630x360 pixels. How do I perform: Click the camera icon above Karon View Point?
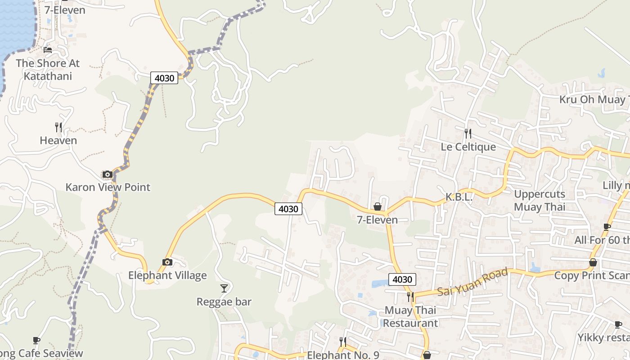point(107,175)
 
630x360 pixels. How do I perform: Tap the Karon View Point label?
point(108,187)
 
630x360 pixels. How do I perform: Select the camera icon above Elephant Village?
point(167,262)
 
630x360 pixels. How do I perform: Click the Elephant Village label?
point(167,275)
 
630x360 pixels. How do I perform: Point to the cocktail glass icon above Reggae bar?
point(224,288)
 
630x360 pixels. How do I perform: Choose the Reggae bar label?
point(224,301)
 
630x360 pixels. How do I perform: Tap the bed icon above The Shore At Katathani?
point(48,50)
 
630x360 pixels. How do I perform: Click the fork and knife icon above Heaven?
point(58,127)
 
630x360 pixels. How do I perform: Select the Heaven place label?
point(58,140)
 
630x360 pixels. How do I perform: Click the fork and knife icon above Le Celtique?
point(468,133)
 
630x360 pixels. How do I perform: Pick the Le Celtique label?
point(468,147)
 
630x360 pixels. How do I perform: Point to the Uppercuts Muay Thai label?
point(539,201)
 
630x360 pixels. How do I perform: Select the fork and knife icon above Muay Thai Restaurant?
point(410,297)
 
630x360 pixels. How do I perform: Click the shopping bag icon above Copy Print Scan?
point(593,262)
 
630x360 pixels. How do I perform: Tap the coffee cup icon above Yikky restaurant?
point(618,324)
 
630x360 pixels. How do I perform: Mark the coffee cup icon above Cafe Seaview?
point(36,341)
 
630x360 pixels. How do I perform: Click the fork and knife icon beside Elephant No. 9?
point(343,342)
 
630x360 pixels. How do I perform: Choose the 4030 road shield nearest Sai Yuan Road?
point(402,279)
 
